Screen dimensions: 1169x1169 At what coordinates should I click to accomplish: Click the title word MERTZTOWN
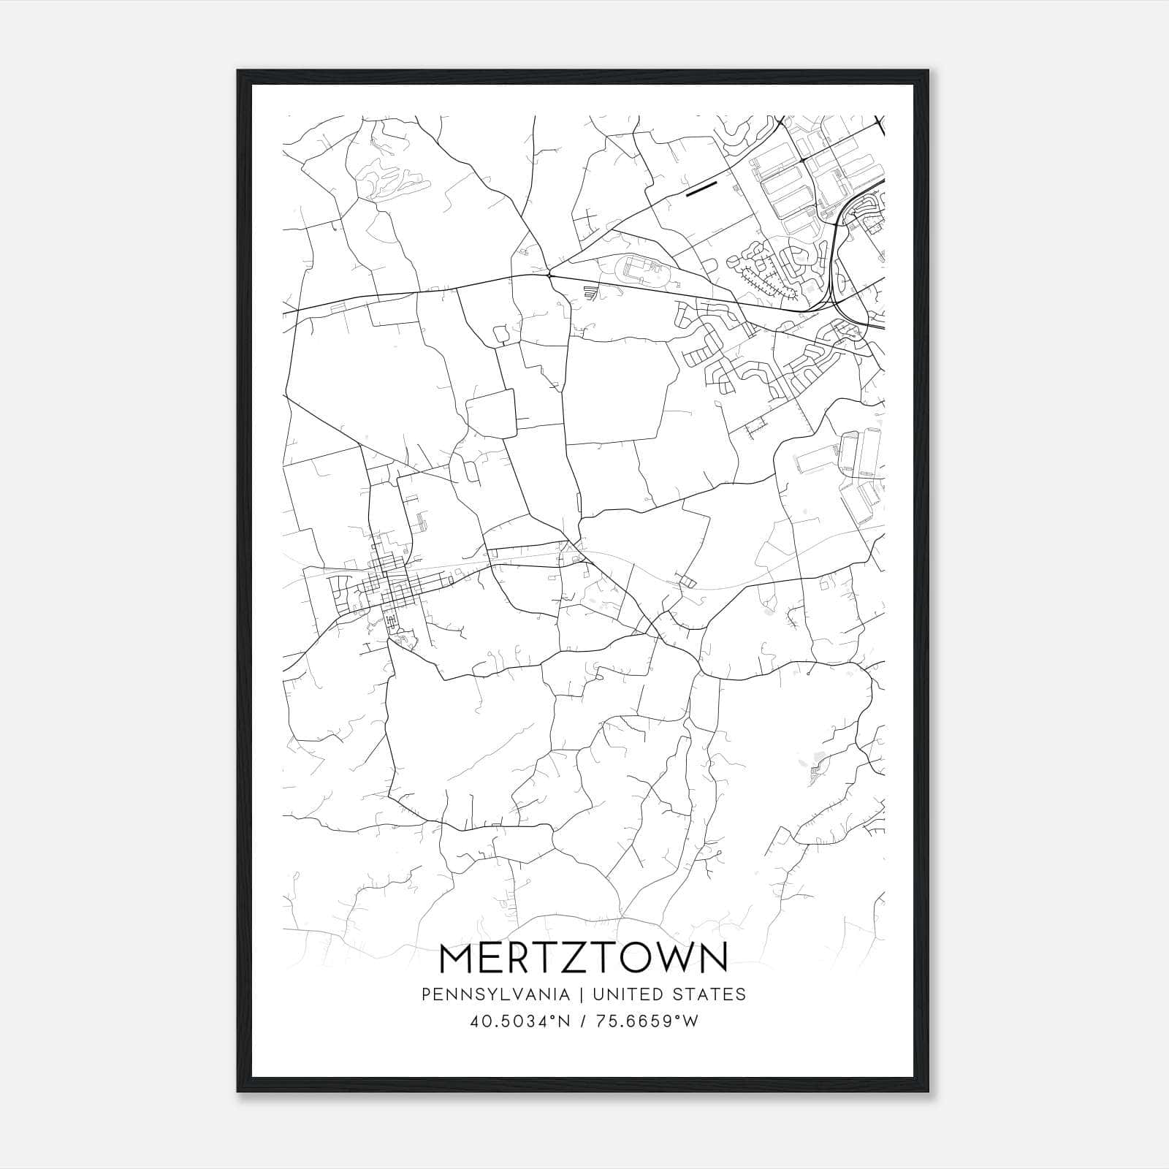[584, 959]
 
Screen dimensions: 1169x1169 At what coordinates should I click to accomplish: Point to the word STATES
[709, 994]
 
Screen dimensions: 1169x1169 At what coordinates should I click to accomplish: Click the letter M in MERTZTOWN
[457, 959]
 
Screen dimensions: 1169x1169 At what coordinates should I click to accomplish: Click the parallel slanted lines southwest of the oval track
[591, 294]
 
